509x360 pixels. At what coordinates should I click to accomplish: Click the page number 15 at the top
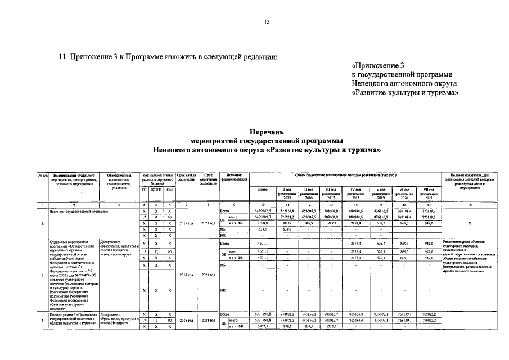pos(267,22)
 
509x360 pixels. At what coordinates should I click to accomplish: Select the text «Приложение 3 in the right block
pos(377,65)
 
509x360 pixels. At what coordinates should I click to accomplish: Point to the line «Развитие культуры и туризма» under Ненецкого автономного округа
pos(402,93)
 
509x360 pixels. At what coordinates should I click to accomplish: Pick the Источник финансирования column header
pos(233,179)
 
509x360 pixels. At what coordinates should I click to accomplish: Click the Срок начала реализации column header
pos(185,179)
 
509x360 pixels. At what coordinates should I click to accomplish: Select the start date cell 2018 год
pos(185,274)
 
